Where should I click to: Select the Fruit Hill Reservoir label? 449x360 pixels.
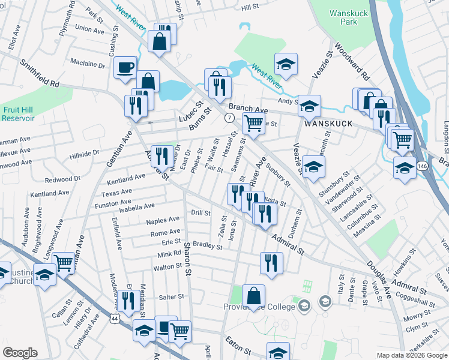point(18,114)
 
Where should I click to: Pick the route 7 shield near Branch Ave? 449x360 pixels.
point(229,118)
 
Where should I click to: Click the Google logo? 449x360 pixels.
point(20,353)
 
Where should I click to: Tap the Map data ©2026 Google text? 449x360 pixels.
point(412,355)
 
